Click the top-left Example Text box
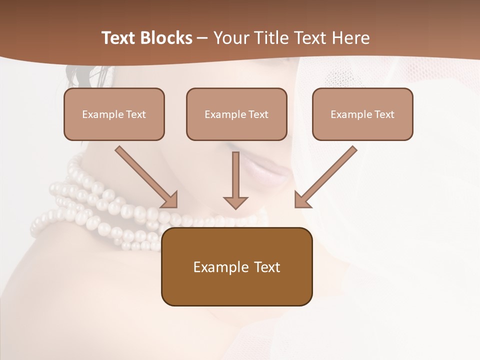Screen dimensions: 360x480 point(114,114)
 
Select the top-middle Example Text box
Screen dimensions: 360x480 point(236,114)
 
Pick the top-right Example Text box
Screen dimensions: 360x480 point(362,114)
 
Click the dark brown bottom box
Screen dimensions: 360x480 point(236,266)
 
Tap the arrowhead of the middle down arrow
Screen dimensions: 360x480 point(235,202)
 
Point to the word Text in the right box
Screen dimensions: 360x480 point(383,114)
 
